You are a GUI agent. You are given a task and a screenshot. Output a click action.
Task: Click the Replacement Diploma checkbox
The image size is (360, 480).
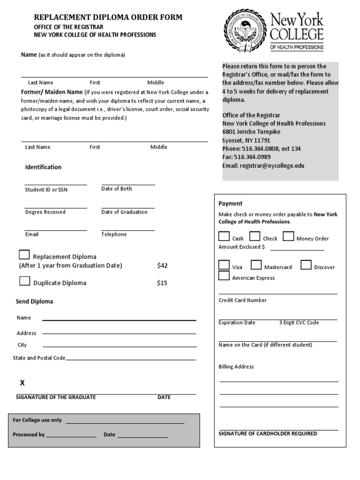[24, 255]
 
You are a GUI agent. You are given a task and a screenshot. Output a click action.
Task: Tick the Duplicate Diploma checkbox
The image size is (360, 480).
[24, 281]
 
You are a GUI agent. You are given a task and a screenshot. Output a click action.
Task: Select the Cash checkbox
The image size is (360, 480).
[224, 236]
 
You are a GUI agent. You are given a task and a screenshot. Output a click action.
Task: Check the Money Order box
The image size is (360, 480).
[288, 236]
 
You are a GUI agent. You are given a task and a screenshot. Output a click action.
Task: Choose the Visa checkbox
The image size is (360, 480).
[224, 265]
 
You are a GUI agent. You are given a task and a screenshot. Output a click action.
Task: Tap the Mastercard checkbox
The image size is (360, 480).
[256, 265]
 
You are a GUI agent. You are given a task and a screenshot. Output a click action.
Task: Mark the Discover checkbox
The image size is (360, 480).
[306, 265]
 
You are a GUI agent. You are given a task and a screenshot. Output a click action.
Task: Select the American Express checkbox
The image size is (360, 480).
[224, 276]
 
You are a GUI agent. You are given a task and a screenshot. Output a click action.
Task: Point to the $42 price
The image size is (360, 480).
[162, 266]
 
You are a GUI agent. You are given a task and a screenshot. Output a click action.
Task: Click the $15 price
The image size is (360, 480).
[162, 283]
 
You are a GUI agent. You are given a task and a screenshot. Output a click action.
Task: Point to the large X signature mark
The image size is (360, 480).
[22, 383]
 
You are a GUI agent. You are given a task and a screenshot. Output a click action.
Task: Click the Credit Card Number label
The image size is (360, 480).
[242, 300]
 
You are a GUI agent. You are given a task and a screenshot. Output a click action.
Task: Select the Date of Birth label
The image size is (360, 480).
[116, 189]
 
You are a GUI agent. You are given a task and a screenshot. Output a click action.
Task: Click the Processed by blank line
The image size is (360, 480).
[71, 437]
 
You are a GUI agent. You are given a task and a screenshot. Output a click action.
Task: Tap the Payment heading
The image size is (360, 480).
[230, 203]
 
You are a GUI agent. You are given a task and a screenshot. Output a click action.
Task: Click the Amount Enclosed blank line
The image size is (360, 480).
[295, 249]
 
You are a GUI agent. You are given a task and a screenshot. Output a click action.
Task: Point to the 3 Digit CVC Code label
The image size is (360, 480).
[299, 322]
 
